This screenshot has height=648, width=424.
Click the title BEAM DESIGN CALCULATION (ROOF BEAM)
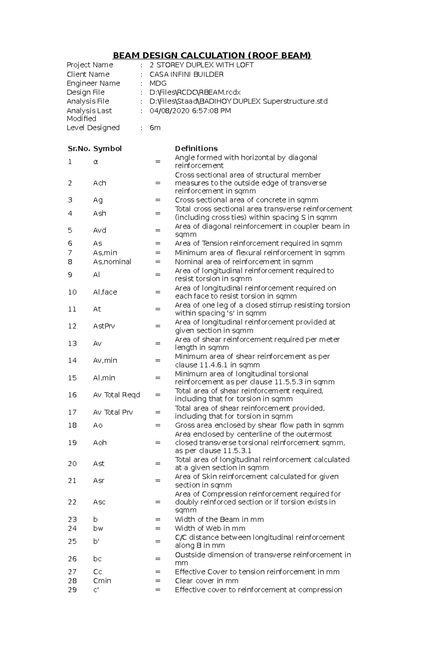212,55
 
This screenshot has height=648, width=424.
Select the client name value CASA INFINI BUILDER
186,75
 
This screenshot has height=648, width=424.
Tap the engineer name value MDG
158,83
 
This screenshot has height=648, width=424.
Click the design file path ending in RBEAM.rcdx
195,93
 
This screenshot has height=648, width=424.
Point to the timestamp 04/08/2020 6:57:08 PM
190,111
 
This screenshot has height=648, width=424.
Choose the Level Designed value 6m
155,128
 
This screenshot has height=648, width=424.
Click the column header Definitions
196,149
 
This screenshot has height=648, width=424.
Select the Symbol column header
107,149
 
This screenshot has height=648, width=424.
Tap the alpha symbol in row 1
95,162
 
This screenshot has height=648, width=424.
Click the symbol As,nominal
112,262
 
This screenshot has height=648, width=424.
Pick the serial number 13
72,344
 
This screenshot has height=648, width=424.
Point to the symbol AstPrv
104,326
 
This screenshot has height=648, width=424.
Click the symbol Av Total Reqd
117,395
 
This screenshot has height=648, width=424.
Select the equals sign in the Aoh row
158,442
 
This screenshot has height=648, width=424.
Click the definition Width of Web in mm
210,529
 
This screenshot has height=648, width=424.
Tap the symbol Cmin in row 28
102,581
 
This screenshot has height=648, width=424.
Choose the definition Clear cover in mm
206,581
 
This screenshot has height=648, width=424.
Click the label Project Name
90,65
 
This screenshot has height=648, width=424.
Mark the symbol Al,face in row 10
105,292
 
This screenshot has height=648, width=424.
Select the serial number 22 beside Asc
72,502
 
